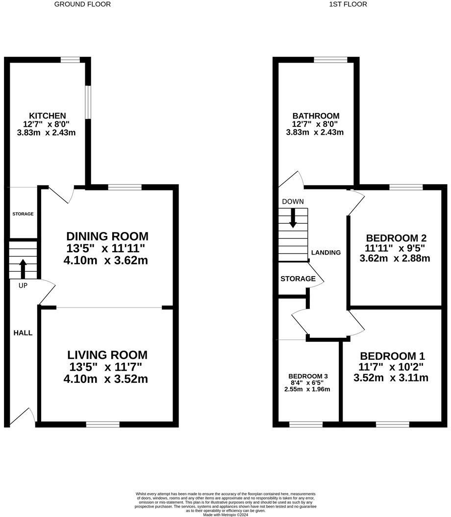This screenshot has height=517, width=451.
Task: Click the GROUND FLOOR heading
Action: [82, 4]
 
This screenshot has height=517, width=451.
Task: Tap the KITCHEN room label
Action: [48, 116]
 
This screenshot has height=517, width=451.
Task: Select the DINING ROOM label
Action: [107, 236]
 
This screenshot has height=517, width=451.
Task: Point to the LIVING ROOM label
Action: [107, 355]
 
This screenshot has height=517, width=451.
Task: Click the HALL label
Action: [23, 333]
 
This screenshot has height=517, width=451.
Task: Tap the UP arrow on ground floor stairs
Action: [23, 269]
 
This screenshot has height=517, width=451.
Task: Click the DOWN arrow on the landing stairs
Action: [293, 218]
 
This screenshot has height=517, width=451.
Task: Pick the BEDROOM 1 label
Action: [392, 356]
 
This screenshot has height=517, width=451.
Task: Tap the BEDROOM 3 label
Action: [308, 376]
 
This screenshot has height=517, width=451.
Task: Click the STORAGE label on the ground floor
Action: [23, 214]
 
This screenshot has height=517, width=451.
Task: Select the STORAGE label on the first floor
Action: [298, 279]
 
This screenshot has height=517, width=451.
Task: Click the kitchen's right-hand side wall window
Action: [88, 102]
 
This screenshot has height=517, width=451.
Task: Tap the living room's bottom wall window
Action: [102, 424]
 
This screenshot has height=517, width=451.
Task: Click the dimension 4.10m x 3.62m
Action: [105, 260]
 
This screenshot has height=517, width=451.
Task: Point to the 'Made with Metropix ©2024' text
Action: [225, 514]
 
